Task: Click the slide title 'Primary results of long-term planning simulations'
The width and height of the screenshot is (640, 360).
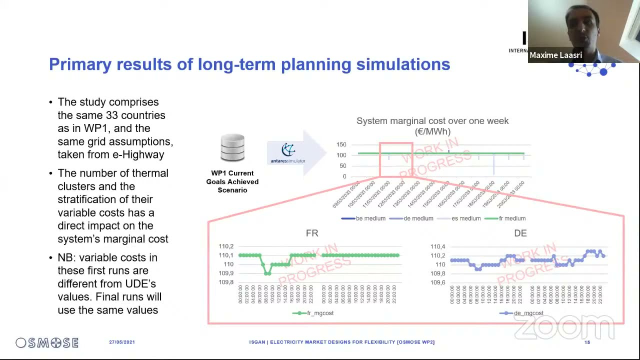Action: [249, 64]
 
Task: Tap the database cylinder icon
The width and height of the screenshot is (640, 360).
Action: [232, 148]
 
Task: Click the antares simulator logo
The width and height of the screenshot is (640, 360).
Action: [288, 153]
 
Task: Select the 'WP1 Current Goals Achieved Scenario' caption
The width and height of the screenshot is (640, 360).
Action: [232, 181]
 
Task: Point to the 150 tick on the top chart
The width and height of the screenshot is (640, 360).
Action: [341, 144]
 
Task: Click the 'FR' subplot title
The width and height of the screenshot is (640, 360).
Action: [312, 233]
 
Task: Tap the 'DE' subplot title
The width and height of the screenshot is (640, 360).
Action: [520, 233]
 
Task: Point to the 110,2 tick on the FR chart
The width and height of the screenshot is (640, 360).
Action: [226, 246]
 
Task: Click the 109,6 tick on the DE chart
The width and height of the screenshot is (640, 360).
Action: [438, 282]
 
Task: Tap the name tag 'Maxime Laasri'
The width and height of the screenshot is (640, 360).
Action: [555, 55]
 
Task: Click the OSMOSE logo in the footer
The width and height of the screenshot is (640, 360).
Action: [47, 342]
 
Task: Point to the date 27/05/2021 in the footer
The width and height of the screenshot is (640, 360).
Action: [122, 342]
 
